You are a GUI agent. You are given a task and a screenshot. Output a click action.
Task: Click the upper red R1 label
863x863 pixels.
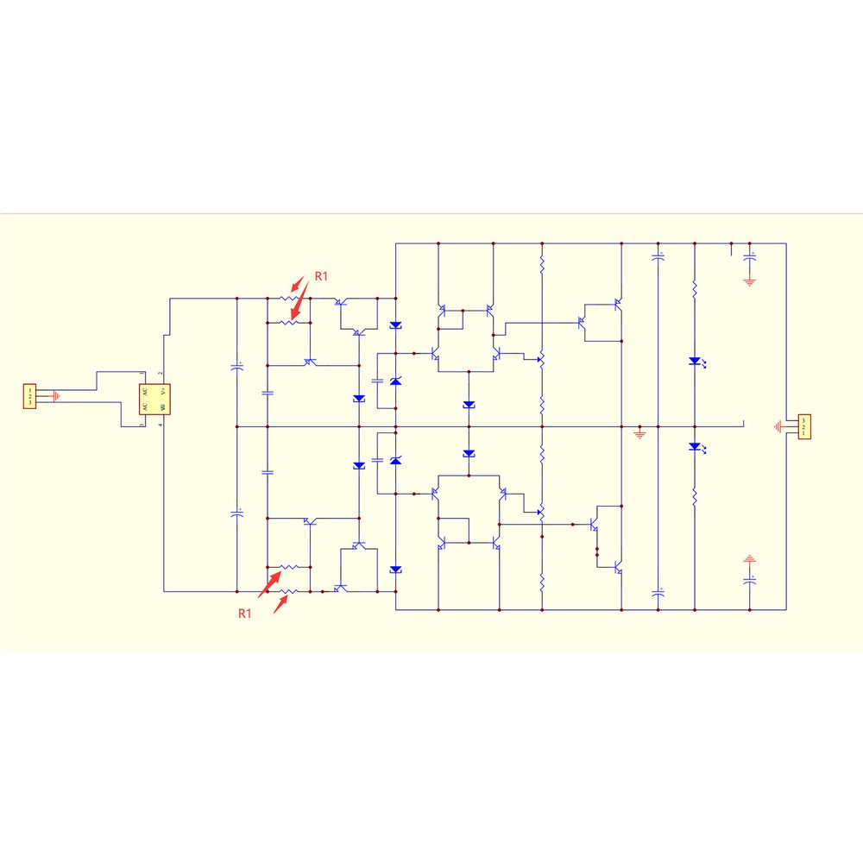(x=321, y=276)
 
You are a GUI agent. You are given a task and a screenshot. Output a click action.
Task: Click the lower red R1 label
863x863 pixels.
(x=245, y=614)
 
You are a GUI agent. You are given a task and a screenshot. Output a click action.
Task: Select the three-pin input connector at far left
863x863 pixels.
(x=30, y=397)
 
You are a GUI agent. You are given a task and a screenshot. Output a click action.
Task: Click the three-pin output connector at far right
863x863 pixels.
(x=804, y=426)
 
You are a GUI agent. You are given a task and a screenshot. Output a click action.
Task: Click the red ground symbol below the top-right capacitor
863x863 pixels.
(x=749, y=281)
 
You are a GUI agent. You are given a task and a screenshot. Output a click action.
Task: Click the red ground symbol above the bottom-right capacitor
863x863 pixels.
(x=749, y=559)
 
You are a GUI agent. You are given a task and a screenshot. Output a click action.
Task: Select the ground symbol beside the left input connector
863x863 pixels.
(x=56, y=397)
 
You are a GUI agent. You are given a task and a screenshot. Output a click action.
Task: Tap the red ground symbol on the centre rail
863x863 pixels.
(x=639, y=432)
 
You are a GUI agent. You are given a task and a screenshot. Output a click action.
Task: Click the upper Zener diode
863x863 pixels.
(x=396, y=381)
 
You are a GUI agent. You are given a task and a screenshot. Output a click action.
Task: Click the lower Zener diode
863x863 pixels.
(x=396, y=462)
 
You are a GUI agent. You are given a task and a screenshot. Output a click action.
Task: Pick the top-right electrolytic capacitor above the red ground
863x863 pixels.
(x=749, y=256)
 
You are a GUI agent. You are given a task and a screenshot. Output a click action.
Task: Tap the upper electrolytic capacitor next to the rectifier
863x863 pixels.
(x=237, y=366)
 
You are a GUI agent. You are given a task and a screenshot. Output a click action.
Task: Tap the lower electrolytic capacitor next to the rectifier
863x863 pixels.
(x=237, y=513)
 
